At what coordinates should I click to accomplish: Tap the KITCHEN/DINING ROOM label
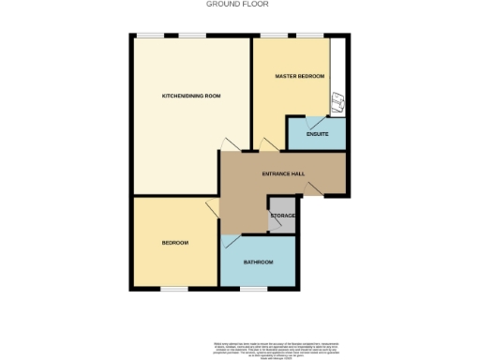pos(190,97)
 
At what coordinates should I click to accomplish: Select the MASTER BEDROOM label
pos(299,75)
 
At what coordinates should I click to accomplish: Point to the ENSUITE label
pos(317,134)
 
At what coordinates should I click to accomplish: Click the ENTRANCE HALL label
pos(282,173)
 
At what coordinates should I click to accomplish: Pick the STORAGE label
pos(283,217)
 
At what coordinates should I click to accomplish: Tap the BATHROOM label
pos(258,262)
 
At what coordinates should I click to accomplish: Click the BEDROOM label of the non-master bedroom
pos(175,243)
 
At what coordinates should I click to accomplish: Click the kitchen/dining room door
pos(226,144)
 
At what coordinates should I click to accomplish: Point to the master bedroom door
pos(269,143)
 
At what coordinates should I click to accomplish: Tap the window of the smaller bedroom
pos(172,288)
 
